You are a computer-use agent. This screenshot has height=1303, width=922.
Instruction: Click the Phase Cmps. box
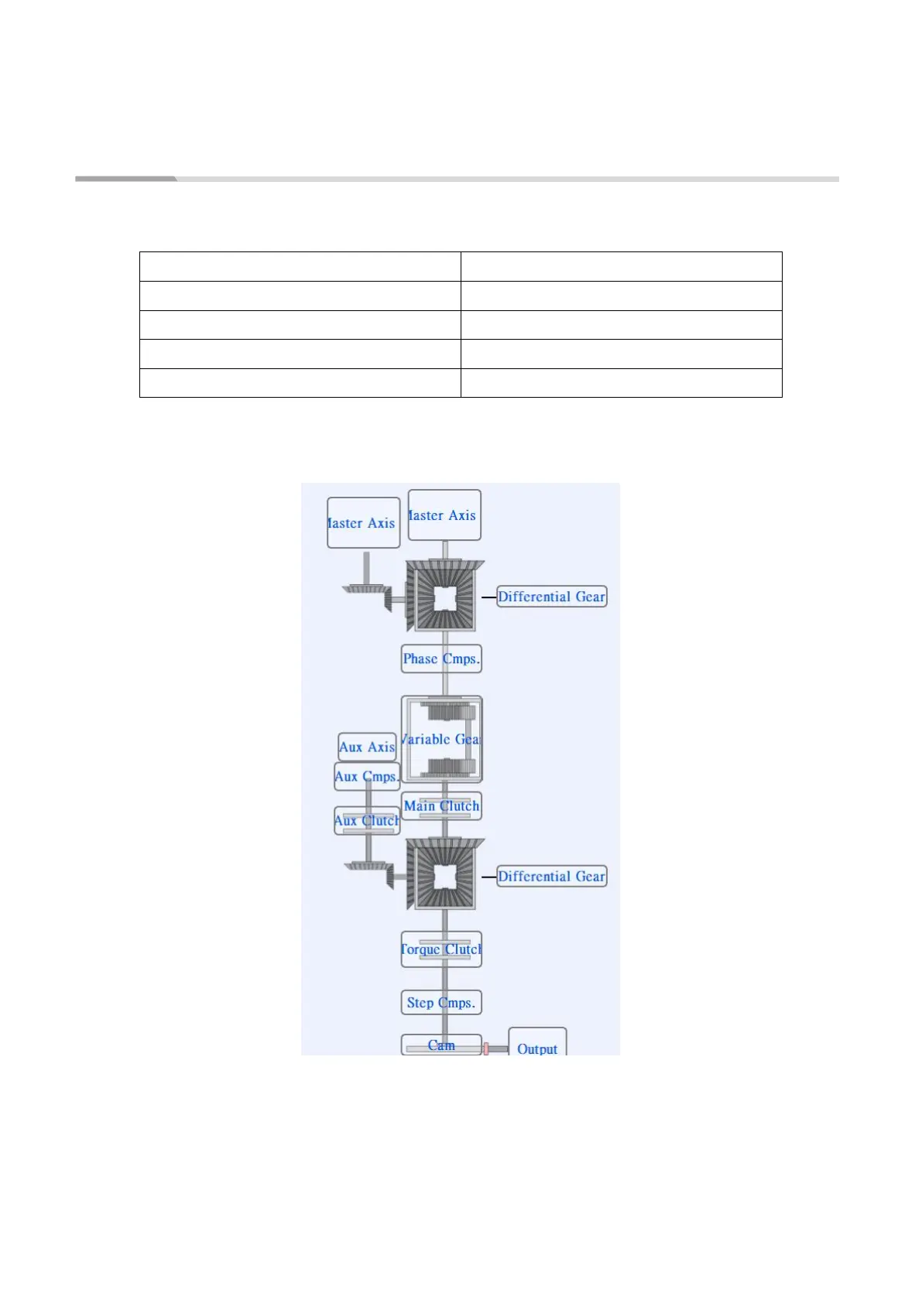click(x=441, y=658)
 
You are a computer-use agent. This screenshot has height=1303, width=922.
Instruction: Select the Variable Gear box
click(x=441, y=739)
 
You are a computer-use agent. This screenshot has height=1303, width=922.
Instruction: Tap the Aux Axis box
click(x=367, y=747)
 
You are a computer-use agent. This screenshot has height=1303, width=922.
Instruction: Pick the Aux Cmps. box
click(x=367, y=776)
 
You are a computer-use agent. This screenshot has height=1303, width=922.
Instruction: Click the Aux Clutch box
click(x=367, y=821)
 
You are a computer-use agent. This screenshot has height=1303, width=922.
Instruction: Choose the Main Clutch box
click(x=441, y=805)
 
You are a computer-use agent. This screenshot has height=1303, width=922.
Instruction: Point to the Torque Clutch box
click(x=441, y=949)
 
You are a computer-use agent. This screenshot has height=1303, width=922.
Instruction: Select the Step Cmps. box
click(x=441, y=1002)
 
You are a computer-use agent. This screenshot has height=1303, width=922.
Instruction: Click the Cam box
click(x=441, y=1045)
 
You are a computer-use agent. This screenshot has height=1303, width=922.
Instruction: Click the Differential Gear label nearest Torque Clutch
click(x=551, y=876)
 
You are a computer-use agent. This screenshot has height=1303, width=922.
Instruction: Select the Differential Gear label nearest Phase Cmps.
click(x=551, y=597)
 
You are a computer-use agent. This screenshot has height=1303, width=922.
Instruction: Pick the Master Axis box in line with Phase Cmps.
click(x=444, y=515)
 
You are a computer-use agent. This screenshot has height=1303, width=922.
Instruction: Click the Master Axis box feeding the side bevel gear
click(x=363, y=523)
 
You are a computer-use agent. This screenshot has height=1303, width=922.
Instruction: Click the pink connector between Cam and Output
click(x=486, y=1048)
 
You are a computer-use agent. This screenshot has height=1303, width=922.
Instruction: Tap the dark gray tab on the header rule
click(x=125, y=179)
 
